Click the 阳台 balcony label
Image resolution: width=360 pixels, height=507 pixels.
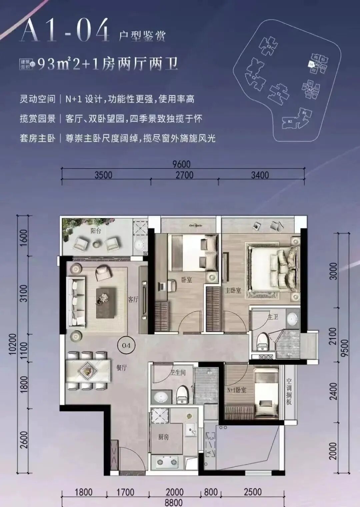pyautogui.click(x=96, y=231)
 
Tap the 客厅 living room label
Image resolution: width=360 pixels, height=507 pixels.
pyautogui.click(x=133, y=299)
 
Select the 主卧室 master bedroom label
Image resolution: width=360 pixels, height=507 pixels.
pyautogui.click(x=233, y=290)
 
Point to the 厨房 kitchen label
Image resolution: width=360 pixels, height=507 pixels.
pyautogui.click(x=163, y=437)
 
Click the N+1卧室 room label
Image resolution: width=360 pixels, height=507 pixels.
pyautogui.click(x=237, y=390)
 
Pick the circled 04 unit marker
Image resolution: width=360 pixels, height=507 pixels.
pyautogui.click(x=126, y=345)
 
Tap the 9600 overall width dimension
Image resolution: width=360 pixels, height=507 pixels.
pyautogui.click(x=181, y=164)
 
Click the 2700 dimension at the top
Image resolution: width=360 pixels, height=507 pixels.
pyautogui.click(x=184, y=175)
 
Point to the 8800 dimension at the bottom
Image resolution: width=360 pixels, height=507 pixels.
pyautogui.click(x=174, y=503)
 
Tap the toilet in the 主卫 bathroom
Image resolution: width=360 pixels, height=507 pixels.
pyautogui.click(x=262, y=340)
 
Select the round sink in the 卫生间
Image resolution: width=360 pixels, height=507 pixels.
pyautogui.click(x=162, y=397)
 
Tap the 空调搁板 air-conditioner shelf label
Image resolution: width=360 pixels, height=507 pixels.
pyautogui.click(x=289, y=391)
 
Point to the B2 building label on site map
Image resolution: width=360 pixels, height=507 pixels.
pyautogui.click(x=289, y=122)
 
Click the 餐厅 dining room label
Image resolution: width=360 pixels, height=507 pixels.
pyautogui.click(x=122, y=368)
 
